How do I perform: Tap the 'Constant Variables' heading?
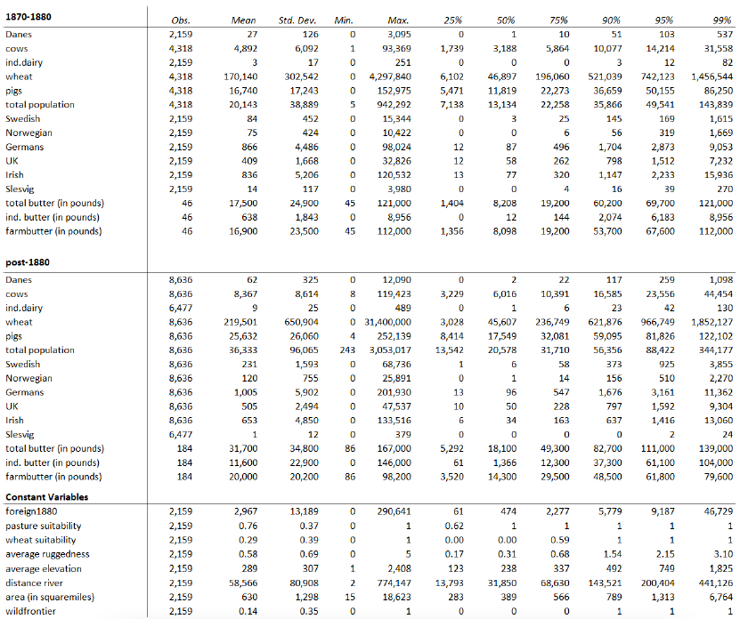(46, 496)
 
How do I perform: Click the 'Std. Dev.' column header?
(298, 20)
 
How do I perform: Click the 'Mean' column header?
(243, 20)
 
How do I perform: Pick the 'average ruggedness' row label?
(48, 554)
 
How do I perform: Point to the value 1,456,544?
(712, 76)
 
